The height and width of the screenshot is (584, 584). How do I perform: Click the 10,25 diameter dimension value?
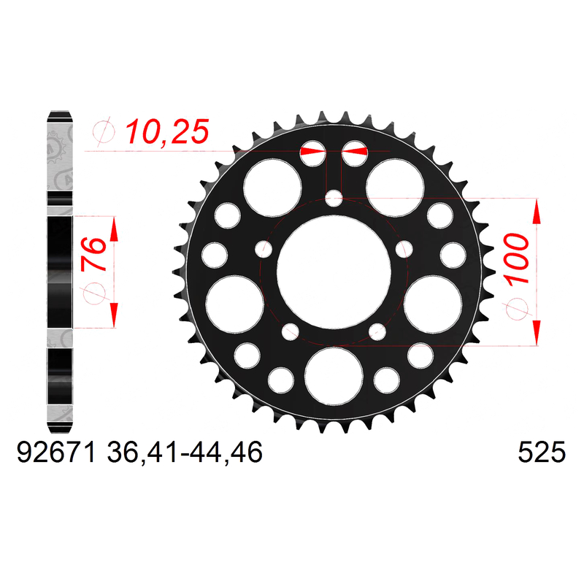coord(167,132)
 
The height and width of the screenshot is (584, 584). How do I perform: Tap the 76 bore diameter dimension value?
coord(93,253)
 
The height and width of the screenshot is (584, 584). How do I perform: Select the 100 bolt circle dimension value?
coord(517,258)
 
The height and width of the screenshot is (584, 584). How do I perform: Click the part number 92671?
coord(56,453)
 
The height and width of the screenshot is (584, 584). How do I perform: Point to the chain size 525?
coord(542,453)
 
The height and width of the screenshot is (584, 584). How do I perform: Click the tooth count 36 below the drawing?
coord(122,453)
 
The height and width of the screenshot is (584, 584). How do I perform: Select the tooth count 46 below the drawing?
coord(247,453)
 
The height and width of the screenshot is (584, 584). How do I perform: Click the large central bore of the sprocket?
coord(334,272)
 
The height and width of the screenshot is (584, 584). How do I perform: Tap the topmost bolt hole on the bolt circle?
coord(334,198)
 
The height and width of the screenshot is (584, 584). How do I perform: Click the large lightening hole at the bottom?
coord(334,376)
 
